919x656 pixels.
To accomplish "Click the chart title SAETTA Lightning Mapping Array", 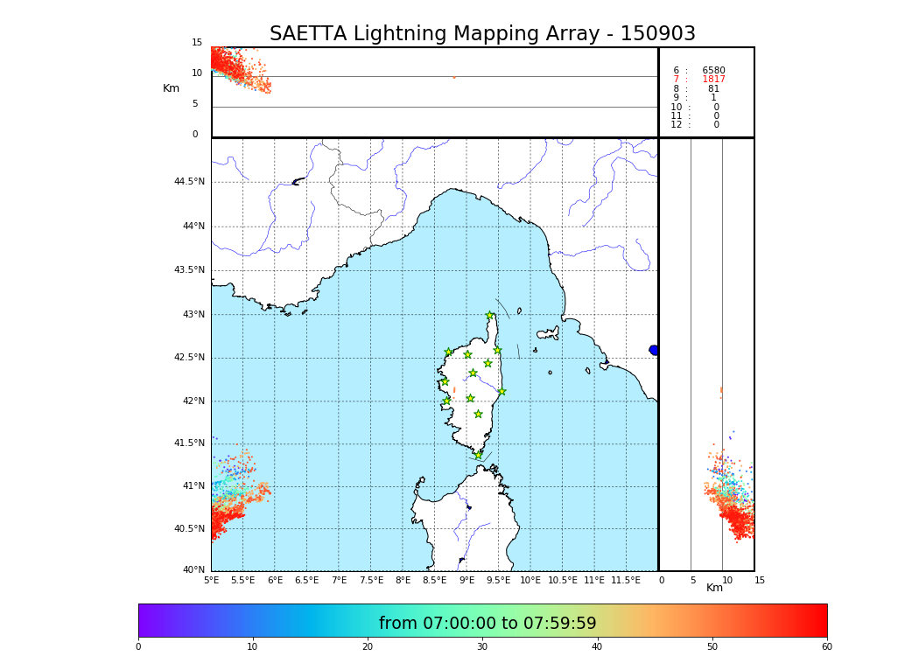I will click(x=482, y=34).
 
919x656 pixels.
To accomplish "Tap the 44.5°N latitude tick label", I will click(x=189, y=182).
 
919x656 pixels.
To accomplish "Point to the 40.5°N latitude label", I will click(x=189, y=529).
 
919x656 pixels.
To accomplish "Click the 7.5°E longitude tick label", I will click(x=371, y=581).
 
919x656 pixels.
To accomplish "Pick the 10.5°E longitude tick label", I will click(x=563, y=581).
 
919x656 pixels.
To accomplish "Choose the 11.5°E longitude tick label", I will click(x=627, y=581).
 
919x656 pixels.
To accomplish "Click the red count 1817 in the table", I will click(x=713, y=80).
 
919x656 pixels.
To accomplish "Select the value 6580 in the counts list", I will click(x=713, y=71).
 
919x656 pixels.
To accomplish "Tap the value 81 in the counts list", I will click(x=713, y=89).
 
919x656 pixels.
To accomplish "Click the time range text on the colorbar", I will click(x=488, y=624).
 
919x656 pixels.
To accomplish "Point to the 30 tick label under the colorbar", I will click(x=482, y=647).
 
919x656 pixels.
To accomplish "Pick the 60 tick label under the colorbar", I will click(x=826, y=647).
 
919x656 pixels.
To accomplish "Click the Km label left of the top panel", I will click(x=171, y=88).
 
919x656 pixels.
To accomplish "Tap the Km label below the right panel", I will click(x=715, y=588).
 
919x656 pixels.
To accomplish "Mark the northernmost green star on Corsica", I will click(x=490, y=316).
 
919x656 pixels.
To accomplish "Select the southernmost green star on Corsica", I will click(x=478, y=455).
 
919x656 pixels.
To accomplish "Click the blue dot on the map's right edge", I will click(x=654, y=350).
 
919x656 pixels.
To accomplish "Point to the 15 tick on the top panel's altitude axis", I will click(x=197, y=43).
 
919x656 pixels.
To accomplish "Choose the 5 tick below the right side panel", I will click(x=692, y=581).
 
